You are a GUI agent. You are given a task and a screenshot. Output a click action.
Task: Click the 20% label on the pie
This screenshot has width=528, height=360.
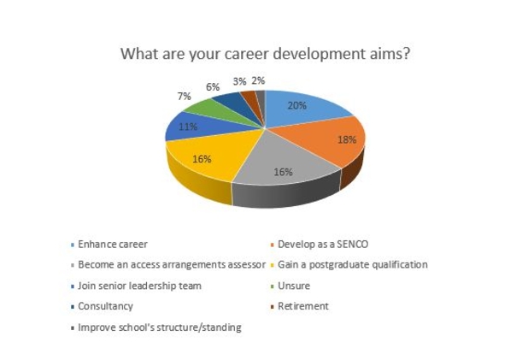click(x=297, y=106)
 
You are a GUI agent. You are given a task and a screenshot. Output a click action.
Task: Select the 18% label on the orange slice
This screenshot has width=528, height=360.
click(x=347, y=139)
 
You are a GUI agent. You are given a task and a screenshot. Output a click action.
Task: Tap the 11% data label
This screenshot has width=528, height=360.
click(x=188, y=127)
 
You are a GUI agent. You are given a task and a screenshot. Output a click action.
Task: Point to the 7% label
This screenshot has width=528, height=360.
click(x=185, y=97)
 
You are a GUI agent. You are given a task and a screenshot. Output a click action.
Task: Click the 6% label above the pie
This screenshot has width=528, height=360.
click(x=213, y=87)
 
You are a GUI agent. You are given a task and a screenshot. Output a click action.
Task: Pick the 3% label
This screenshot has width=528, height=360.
click(x=239, y=81)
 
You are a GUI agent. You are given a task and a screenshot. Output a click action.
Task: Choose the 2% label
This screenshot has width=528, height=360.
click(x=258, y=81)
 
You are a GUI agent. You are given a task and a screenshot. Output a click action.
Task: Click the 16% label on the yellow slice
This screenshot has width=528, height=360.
click(x=202, y=159)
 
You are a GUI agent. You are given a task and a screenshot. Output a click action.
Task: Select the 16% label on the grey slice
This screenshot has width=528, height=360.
click(x=283, y=172)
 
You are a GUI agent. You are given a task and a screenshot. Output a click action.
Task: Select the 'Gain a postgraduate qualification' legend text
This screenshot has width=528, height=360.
click(x=353, y=265)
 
